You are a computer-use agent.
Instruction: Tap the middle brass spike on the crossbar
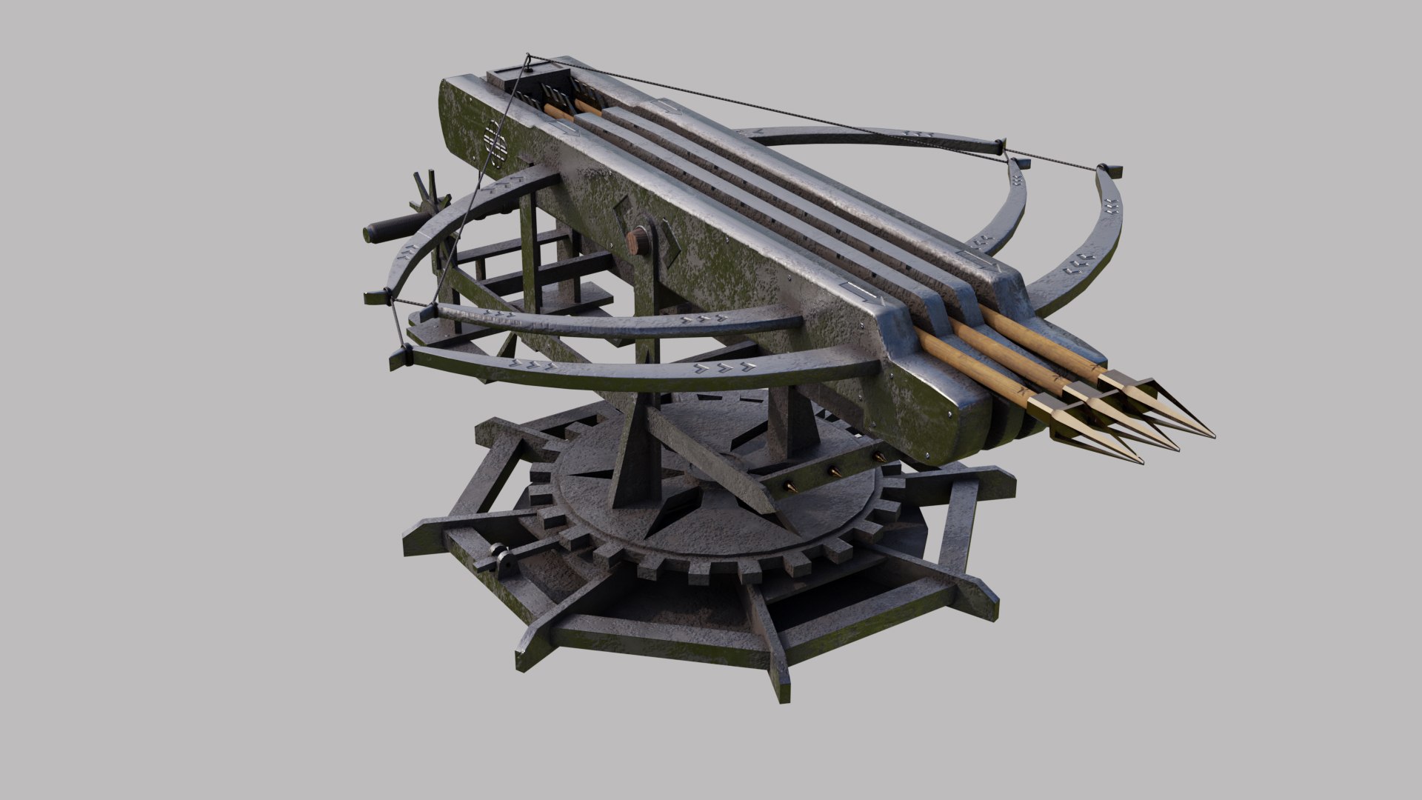[x=835, y=471]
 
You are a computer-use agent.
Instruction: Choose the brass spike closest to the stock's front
[x=880, y=457]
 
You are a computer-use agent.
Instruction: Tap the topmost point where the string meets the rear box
[x=527, y=56]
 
